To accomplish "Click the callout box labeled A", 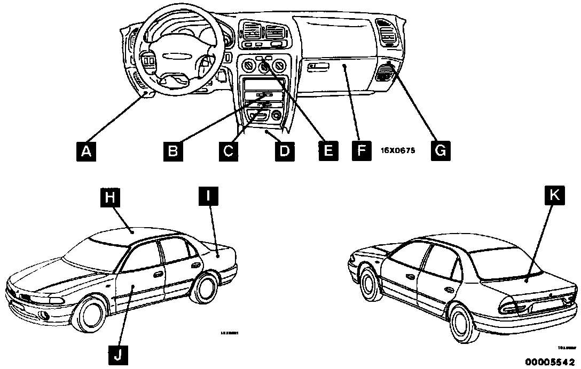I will pyautogui.click(x=86, y=151).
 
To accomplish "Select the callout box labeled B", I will pyautogui.click(x=173, y=151).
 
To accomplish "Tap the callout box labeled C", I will pyautogui.click(x=228, y=151).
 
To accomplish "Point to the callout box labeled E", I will pyautogui.click(x=328, y=151).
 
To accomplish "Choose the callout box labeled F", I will pyautogui.click(x=361, y=151).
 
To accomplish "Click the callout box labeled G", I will pyautogui.click(x=439, y=151).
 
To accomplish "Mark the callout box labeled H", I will pyautogui.click(x=109, y=198).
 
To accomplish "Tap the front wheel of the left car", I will pyautogui.click(x=90, y=318).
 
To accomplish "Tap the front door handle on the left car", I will pyautogui.click(x=158, y=274).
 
